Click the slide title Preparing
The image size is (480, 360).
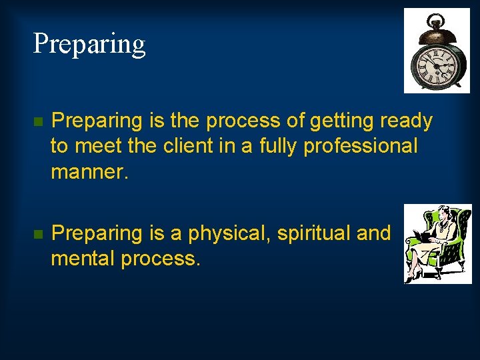pos(89,45)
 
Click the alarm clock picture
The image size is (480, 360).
pos(437,51)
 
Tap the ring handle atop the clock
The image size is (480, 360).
pos(437,19)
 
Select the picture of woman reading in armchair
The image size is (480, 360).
pos(437,244)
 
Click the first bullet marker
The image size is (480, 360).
pos(38,122)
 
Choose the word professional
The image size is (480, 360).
pos(361,145)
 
